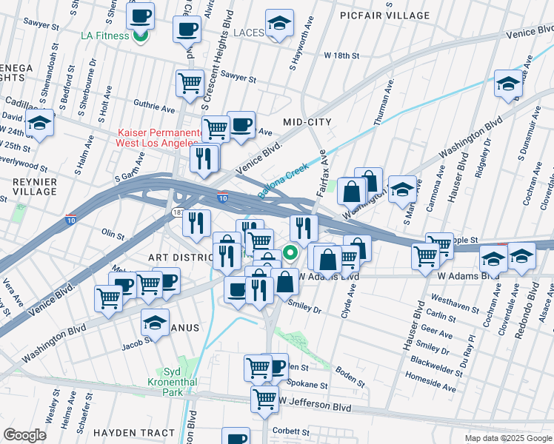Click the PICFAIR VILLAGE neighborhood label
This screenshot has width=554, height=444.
pyautogui.click(x=384, y=15)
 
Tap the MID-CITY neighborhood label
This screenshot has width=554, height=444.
pyautogui.click(x=307, y=121)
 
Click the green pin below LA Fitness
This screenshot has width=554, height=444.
pyautogui.click(x=138, y=37)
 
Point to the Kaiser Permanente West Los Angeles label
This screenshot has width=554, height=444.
pyautogui.click(x=159, y=138)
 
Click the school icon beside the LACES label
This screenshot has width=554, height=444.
pyautogui.click(x=279, y=24)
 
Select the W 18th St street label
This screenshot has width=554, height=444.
pyautogui.click(x=341, y=55)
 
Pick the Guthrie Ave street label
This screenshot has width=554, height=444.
pyautogui.click(x=154, y=107)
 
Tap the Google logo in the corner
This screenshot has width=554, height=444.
pyautogui.click(x=24, y=435)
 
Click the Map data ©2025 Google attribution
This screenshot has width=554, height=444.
pyautogui.click(x=508, y=438)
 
